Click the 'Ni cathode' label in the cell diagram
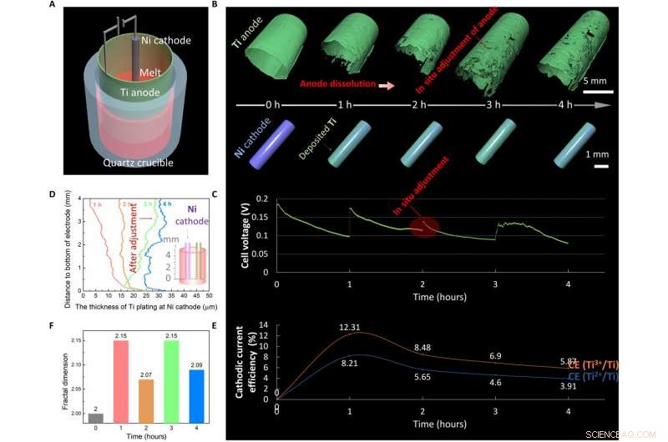coord(165,40)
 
